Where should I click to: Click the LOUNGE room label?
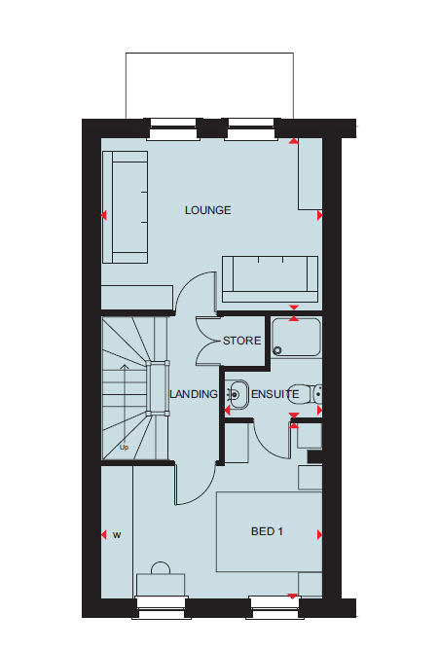pos(207,210)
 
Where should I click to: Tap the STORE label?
pos(242,341)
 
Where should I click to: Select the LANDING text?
pos(194,394)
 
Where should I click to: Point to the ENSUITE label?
pos(275,394)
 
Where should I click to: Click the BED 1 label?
pos(267,531)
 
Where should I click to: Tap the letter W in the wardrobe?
pos(117,535)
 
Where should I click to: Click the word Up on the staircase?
pos(124,448)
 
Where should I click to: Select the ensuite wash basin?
pos(237,393)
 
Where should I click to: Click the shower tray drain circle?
pos(277,350)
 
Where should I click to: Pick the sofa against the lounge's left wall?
pos(125,207)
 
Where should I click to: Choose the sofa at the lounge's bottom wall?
pos(271,279)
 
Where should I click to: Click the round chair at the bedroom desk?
pos(161,568)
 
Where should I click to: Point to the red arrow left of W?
pos(104,535)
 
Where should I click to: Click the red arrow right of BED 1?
pos(319,535)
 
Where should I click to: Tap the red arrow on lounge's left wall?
pos(104,215)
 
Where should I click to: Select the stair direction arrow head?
pos(125,367)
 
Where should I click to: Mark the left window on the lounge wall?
pos(173,129)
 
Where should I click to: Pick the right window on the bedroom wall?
pos(275,608)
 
